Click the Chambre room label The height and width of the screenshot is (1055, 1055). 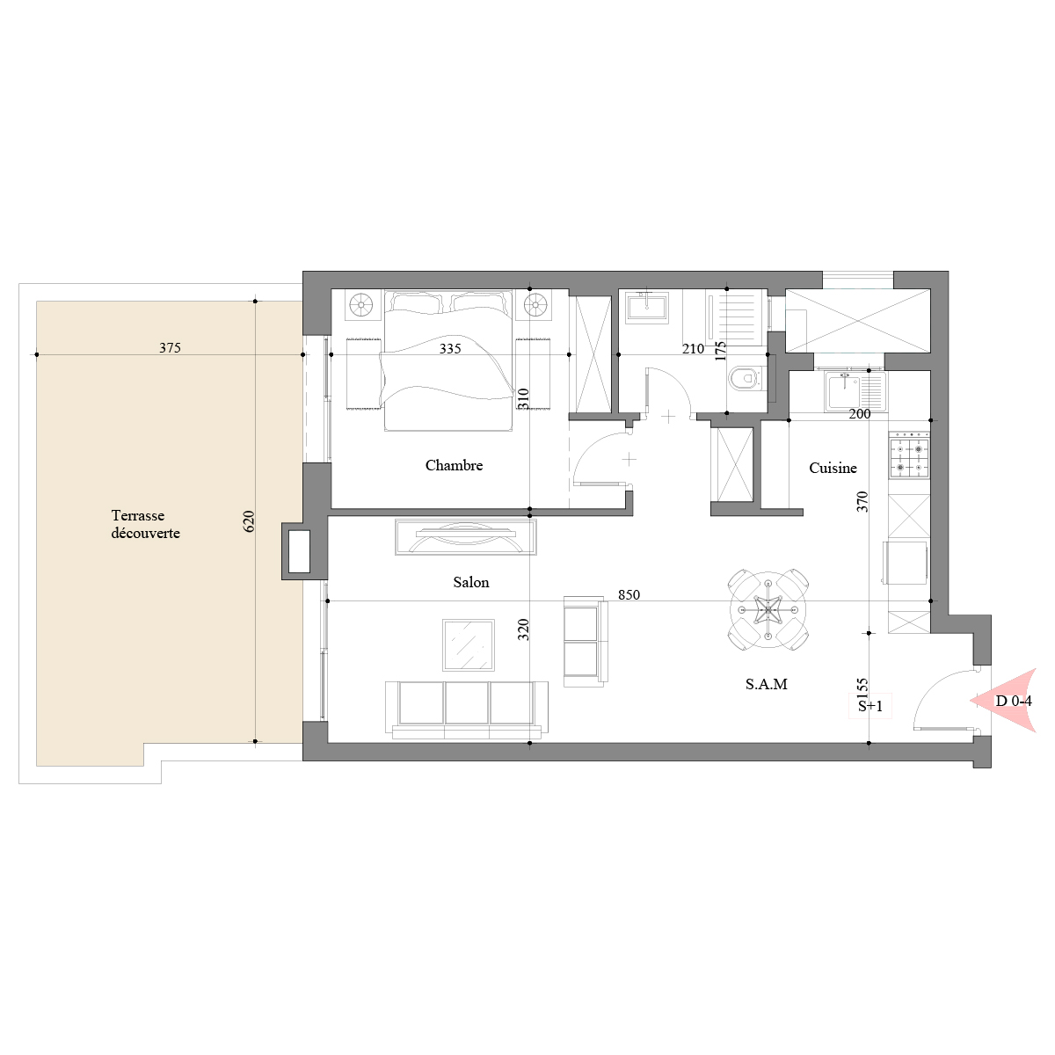pyautogui.click(x=454, y=465)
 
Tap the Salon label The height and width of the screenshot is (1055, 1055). pyautogui.click(x=471, y=582)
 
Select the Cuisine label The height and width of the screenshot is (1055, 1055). pyautogui.click(x=833, y=468)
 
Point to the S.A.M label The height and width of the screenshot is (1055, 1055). pyautogui.click(x=767, y=684)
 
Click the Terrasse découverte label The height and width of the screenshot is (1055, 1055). pyautogui.click(x=146, y=525)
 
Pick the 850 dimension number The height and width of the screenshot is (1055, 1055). pyautogui.click(x=629, y=595)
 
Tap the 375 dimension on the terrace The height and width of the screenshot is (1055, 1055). pyautogui.click(x=171, y=348)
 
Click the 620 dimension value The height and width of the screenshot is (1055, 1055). pyautogui.click(x=249, y=521)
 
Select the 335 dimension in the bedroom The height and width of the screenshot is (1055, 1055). pyautogui.click(x=450, y=349)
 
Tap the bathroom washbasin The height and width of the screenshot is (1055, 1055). pyautogui.click(x=647, y=307)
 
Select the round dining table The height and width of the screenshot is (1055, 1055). pyautogui.click(x=768, y=610)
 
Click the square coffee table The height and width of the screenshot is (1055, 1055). pyautogui.click(x=469, y=645)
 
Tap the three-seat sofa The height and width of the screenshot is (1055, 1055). pyautogui.click(x=467, y=710)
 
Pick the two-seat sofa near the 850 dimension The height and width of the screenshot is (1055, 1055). pyautogui.click(x=586, y=642)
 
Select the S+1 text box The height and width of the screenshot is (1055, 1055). pyautogui.click(x=870, y=706)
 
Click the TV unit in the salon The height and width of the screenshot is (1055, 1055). pyautogui.click(x=466, y=537)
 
